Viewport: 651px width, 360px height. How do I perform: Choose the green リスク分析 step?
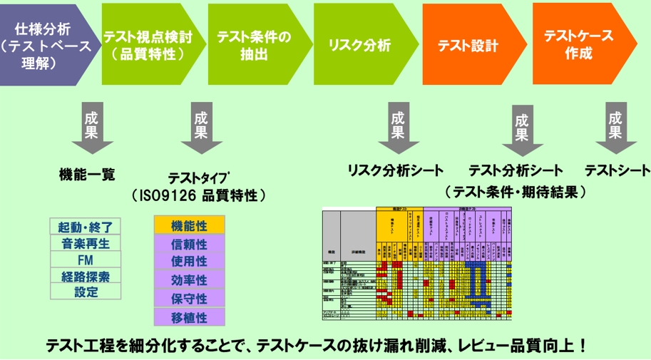[x=359, y=45]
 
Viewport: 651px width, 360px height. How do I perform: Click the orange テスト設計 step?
[x=467, y=45]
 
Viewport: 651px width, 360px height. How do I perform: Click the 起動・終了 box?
[x=86, y=227]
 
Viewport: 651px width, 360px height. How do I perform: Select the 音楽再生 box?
[x=86, y=244]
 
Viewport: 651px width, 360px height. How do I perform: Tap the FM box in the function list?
[x=86, y=260]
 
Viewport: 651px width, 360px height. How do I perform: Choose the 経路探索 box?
[x=86, y=277]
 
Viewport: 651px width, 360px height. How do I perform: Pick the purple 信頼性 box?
[x=189, y=245]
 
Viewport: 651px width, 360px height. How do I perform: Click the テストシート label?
[x=617, y=170]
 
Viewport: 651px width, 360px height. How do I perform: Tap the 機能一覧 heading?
[x=86, y=173]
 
